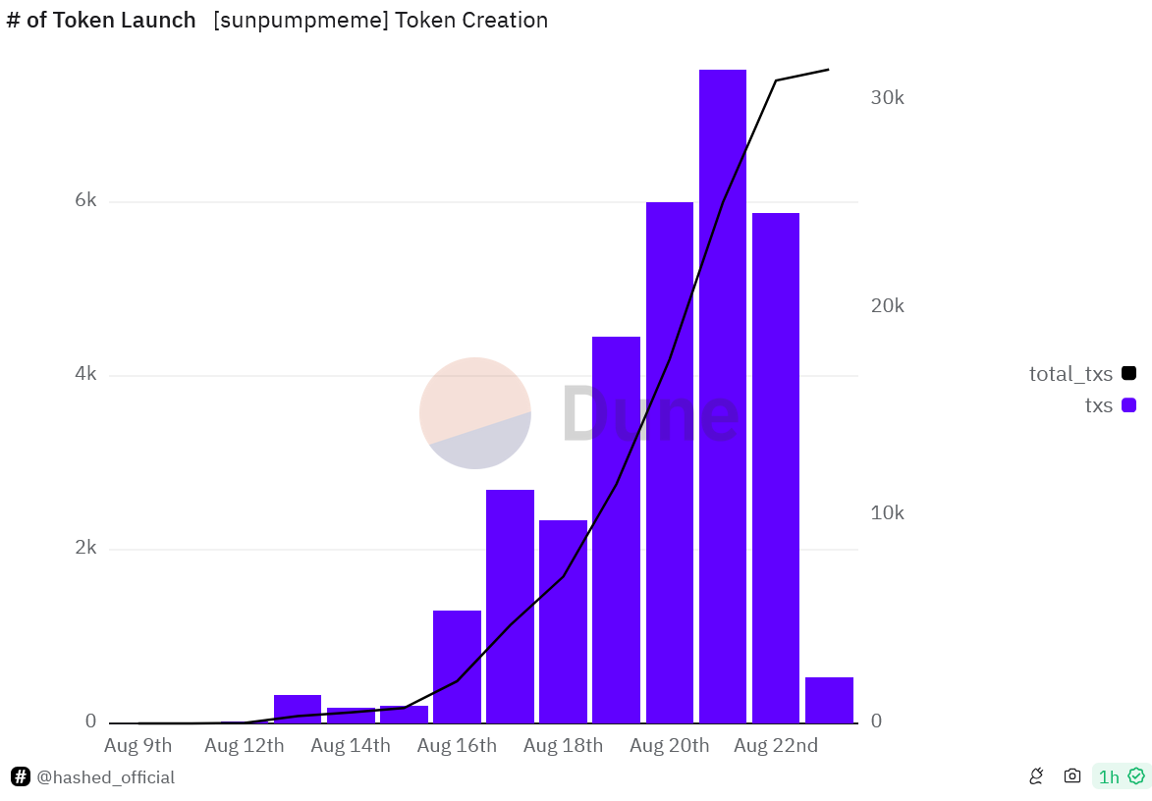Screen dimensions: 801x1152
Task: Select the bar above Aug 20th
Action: [x=669, y=462]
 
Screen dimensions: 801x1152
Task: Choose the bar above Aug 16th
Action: [x=457, y=667]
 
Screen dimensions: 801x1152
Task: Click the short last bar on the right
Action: [x=829, y=700]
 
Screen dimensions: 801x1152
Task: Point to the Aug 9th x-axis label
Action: [x=137, y=746]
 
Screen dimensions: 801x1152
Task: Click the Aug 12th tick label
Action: [x=244, y=746]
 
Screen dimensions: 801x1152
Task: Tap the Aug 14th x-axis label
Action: [x=351, y=746]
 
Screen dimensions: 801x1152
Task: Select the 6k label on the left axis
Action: [x=86, y=201]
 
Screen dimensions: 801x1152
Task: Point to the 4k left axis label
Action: [x=86, y=375]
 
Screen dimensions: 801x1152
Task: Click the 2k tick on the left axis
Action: [x=86, y=548]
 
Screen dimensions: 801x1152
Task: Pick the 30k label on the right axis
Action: [x=887, y=98]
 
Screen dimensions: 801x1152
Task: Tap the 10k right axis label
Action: [x=887, y=513]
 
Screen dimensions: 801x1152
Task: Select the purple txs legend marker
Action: [x=1128, y=405]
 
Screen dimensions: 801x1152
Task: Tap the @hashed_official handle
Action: [x=105, y=777]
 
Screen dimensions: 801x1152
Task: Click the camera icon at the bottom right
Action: [x=1072, y=776]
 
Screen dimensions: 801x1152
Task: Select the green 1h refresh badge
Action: [x=1121, y=776]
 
